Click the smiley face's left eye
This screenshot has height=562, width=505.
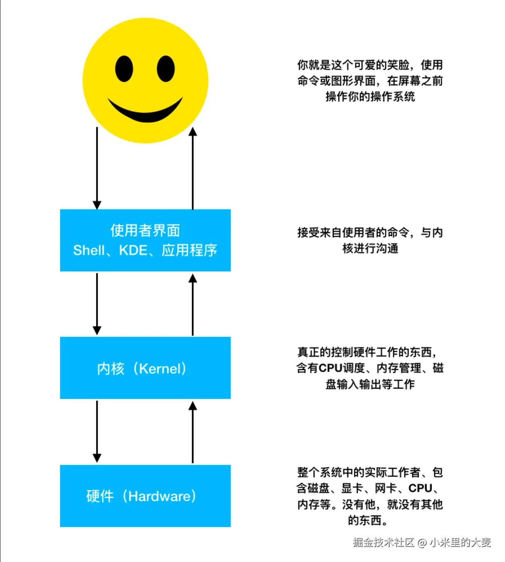(x=124, y=69)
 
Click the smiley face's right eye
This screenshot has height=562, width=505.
(x=166, y=69)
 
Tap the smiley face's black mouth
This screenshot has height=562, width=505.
(x=145, y=110)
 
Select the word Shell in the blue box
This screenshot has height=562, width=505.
(x=89, y=250)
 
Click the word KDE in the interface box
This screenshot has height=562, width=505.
(x=133, y=250)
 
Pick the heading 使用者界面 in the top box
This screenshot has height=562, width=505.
(x=145, y=230)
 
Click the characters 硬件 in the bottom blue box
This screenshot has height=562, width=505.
(x=100, y=496)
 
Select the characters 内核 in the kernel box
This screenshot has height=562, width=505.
(x=110, y=369)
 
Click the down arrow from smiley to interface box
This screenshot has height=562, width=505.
(x=97, y=168)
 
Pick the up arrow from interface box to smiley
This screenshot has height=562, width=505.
(x=193, y=168)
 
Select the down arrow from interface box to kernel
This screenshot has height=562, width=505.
(x=97, y=304)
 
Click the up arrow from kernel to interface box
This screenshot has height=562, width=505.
(x=193, y=304)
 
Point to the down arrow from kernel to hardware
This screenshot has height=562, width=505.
(x=97, y=432)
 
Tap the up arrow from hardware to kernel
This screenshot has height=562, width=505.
(x=193, y=432)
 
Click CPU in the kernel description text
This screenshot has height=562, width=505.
(x=331, y=368)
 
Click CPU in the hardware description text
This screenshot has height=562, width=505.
(x=420, y=488)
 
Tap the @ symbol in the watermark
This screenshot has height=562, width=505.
(x=422, y=543)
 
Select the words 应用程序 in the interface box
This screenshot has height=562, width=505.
(x=189, y=250)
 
